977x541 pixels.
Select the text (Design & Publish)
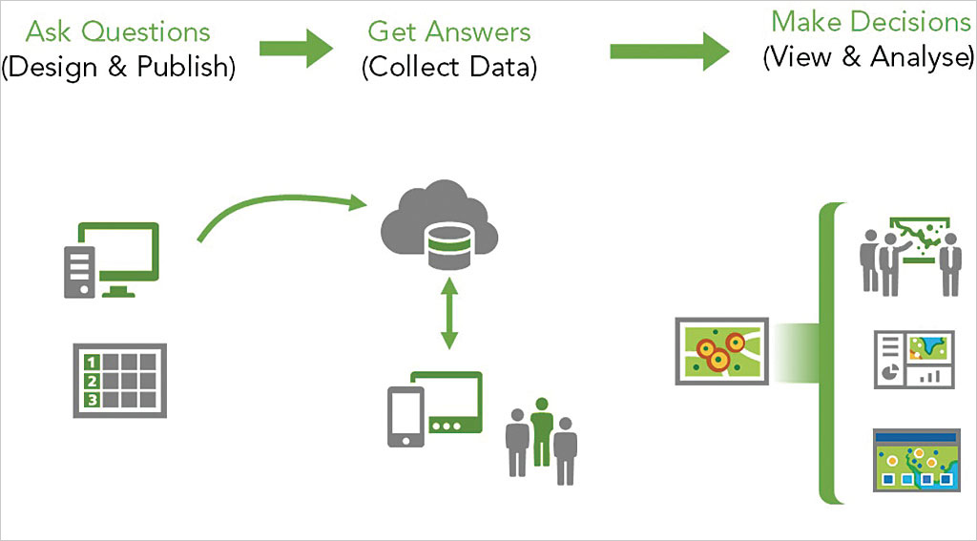[x=118, y=68]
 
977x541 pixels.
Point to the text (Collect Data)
[x=448, y=68]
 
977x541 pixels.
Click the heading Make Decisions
[x=870, y=21]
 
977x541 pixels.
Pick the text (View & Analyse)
[x=868, y=56]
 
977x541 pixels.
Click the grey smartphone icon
[x=405, y=416]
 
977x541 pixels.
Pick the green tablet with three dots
[x=448, y=406]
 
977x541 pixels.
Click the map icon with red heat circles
[x=720, y=350]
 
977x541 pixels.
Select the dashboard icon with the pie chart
[x=913, y=359]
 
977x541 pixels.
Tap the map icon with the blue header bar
[x=913, y=460]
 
